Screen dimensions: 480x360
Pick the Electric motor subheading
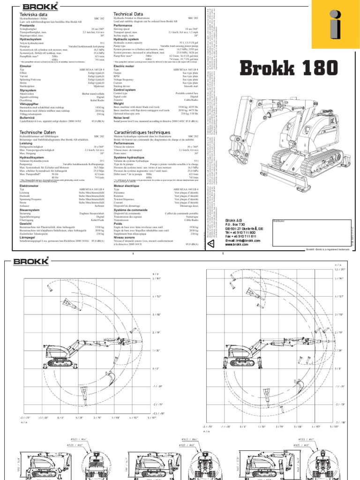[124, 67]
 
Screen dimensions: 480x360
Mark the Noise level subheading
[123, 118]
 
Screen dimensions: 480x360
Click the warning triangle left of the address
[211, 244]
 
